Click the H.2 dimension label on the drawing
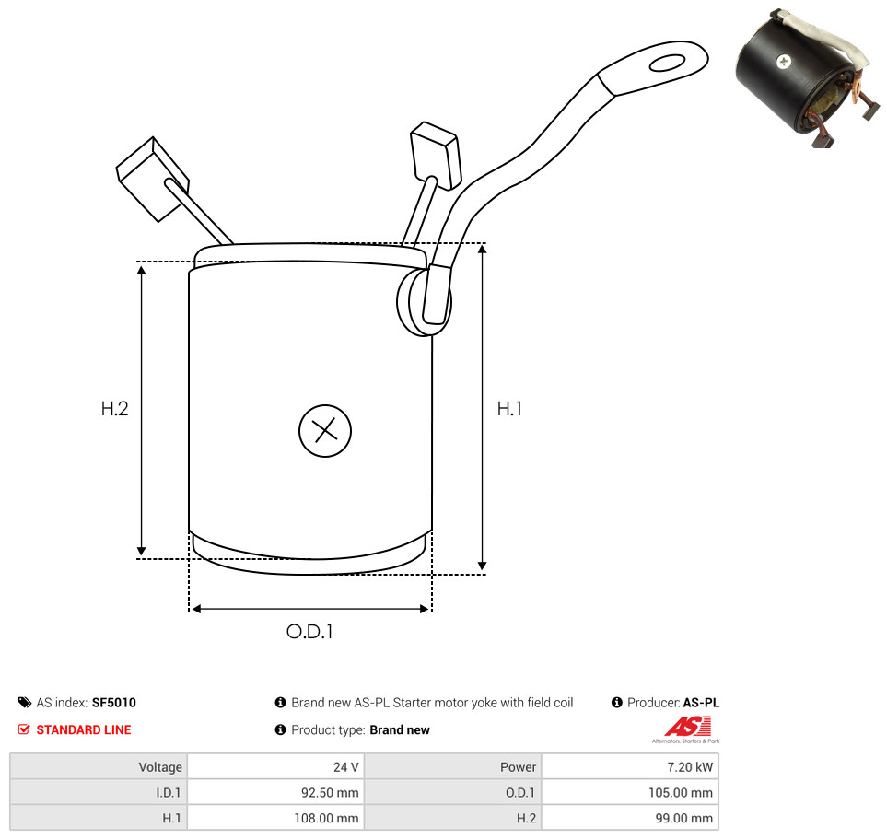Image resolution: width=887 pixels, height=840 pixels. pyautogui.click(x=114, y=408)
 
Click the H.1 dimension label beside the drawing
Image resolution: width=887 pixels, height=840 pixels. pyautogui.click(x=509, y=408)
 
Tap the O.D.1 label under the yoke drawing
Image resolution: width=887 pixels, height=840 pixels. pyautogui.click(x=309, y=631)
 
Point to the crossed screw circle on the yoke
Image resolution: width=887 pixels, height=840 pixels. pyautogui.click(x=325, y=430)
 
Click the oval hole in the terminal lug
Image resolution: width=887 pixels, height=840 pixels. pyautogui.click(x=667, y=63)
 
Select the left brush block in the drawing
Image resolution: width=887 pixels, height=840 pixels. pyautogui.click(x=152, y=179)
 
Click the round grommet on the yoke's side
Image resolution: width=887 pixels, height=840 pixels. pyautogui.click(x=424, y=301)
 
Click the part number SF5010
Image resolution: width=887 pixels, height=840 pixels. pyautogui.click(x=113, y=703)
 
